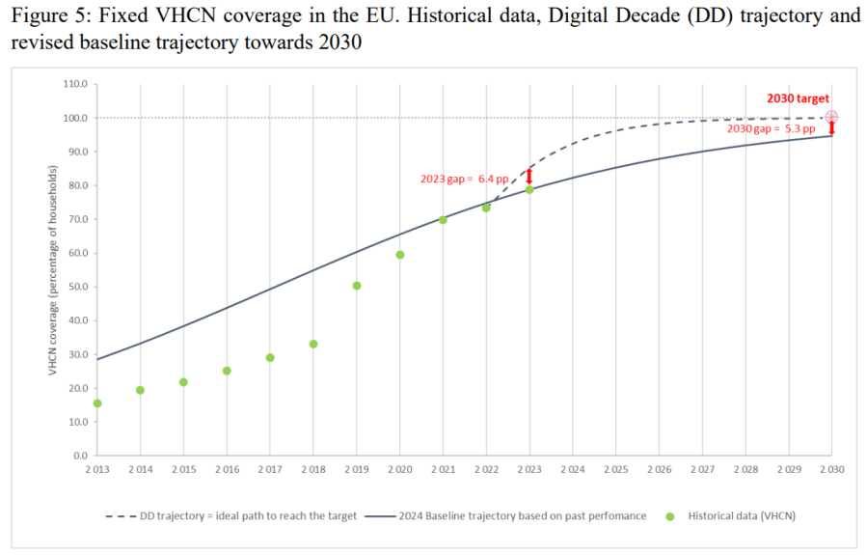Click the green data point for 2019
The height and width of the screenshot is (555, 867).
click(x=357, y=286)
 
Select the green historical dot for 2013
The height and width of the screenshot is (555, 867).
click(x=97, y=403)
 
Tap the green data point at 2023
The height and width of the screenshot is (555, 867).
click(x=529, y=189)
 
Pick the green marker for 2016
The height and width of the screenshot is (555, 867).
click(x=227, y=371)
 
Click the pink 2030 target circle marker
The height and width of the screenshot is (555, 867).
click(x=832, y=117)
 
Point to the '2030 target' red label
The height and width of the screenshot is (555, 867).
click(x=798, y=98)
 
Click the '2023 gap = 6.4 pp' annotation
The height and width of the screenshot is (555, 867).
click(x=464, y=179)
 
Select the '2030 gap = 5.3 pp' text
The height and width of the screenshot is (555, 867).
click(x=773, y=129)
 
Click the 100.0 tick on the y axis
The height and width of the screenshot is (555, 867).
click(x=75, y=118)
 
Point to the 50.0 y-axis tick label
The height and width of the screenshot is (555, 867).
click(x=77, y=287)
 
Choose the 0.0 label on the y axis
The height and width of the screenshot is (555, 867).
click(x=80, y=455)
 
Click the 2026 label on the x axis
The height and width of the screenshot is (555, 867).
click(x=659, y=470)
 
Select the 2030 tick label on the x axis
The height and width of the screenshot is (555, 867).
click(x=831, y=470)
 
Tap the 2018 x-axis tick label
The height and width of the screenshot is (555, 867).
click(x=313, y=470)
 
